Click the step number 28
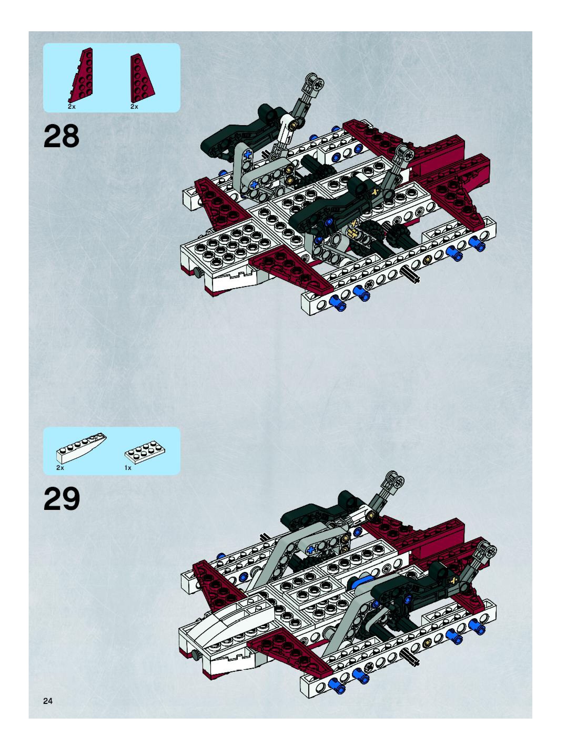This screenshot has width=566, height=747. click(x=62, y=136)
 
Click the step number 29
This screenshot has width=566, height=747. click(x=62, y=499)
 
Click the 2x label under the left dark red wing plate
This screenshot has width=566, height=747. click(x=72, y=106)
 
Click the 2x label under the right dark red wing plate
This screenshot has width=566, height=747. click(x=134, y=106)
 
